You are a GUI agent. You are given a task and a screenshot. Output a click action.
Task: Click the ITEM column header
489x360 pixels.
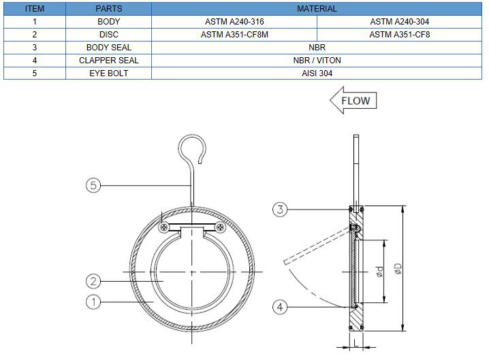pyautogui.click(x=34, y=9)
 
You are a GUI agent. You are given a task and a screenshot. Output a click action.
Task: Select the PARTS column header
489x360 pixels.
pyautogui.click(x=109, y=9)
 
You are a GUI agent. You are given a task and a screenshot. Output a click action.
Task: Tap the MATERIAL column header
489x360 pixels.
pyautogui.click(x=317, y=9)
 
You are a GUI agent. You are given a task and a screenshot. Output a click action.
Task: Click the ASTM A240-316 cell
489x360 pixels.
pyautogui.click(x=234, y=22)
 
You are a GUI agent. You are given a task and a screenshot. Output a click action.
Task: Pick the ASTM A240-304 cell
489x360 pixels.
pyautogui.click(x=399, y=22)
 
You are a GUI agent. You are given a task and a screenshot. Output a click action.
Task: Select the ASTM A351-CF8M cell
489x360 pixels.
pyautogui.click(x=234, y=35)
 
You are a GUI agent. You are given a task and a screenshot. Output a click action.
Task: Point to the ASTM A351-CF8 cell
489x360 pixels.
pyautogui.click(x=399, y=35)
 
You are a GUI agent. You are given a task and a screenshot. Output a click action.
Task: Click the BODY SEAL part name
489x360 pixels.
pyautogui.click(x=109, y=48)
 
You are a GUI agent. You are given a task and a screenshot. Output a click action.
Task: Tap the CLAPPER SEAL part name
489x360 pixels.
pyautogui.click(x=109, y=60)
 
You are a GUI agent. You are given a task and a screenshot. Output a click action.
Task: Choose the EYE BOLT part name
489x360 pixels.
pyautogui.click(x=109, y=73)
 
